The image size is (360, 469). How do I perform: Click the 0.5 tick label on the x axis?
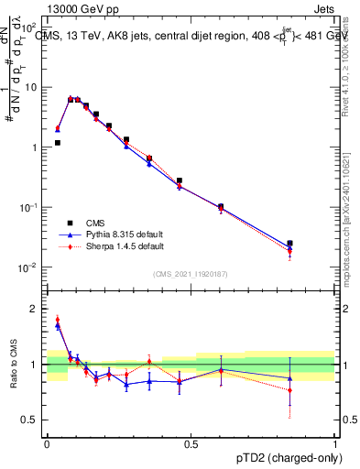pos(191,443)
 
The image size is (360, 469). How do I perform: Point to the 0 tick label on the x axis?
pos(47,443)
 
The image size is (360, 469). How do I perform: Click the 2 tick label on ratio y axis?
pos(35,309)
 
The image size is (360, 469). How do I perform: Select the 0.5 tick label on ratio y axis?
pos(31,420)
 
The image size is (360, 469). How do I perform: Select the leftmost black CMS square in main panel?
pos(58,143)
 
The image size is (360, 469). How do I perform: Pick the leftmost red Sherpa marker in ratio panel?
pos(58,320)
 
